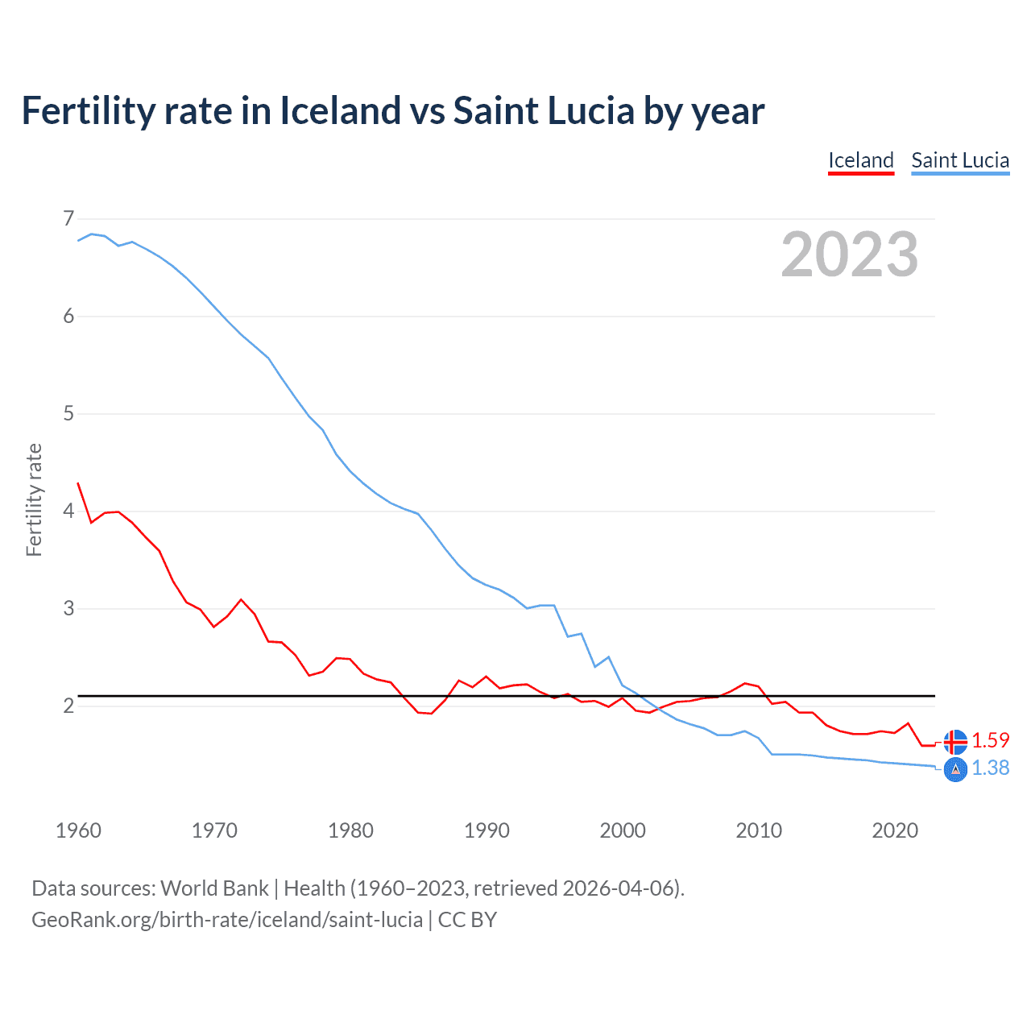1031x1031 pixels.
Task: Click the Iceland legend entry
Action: point(861,160)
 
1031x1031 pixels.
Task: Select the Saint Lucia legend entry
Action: point(960,160)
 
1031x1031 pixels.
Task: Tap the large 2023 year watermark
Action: point(849,255)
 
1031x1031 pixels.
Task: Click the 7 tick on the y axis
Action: point(68,218)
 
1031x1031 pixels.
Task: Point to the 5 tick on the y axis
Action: point(68,414)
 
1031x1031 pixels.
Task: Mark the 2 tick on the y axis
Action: point(68,706)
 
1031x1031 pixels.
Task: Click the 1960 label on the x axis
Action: point(78,830)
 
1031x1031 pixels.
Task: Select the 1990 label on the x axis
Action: point(487,830)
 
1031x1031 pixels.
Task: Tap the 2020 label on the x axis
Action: point(895,830)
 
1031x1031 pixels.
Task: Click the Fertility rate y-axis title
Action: point(34,499)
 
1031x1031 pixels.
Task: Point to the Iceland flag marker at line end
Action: point(955,741)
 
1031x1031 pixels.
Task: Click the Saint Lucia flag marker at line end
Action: point(955,769)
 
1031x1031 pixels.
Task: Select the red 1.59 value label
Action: point(990,740)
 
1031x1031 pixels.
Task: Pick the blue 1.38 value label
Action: point(990,768)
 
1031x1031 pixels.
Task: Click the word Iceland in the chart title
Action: point(340,110)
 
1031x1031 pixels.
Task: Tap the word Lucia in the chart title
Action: point(590,110)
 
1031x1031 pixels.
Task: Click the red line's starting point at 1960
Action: point(78,483)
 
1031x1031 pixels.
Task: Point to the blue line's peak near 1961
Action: point(91,234)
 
